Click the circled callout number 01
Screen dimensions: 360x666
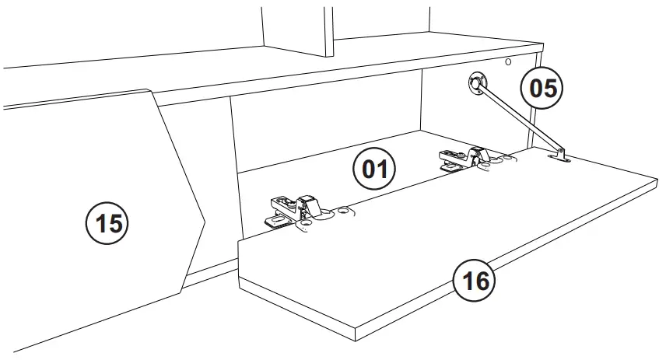(374, 168)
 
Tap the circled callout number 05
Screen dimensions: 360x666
(542, 88)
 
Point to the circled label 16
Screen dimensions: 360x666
(475, 280)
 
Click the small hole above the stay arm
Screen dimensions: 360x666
(507, 61)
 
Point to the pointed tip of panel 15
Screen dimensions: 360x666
(204, 223)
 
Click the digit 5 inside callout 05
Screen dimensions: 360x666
(552, 88)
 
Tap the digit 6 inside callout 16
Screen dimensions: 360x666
(483, 280)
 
